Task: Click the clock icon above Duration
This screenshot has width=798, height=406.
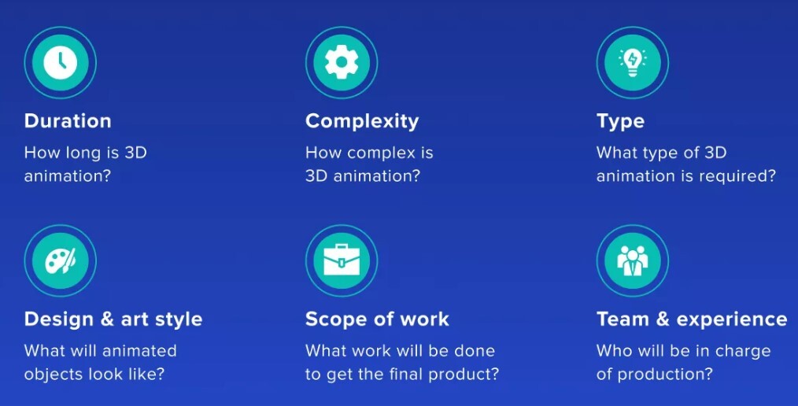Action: pyautogui.click(x=60, y=62)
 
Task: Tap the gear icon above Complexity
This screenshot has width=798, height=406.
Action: pyautogui.click(x=342, y=62)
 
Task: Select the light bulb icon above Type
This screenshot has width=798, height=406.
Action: pyautogui.click(x=632, y=63)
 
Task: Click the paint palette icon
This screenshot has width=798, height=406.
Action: pyautogui.click(x=60, y=260)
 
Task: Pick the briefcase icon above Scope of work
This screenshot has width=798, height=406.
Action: pyautogui.click(x=342, y=260)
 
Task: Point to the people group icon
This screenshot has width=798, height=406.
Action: pyautogui.click(x=632, y=260)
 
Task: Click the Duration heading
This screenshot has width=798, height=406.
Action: pyautogui.click(x=68, y=121)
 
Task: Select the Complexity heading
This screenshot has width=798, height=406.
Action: pyautogui.click(x=362, y=122)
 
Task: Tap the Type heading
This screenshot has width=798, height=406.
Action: pyautogui.click(x=620, y=122)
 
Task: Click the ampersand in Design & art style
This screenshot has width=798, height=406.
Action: pyautogui.click(x=107, y=319)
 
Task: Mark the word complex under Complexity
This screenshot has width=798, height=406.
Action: pyautogui.click(x=379, y=153)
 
